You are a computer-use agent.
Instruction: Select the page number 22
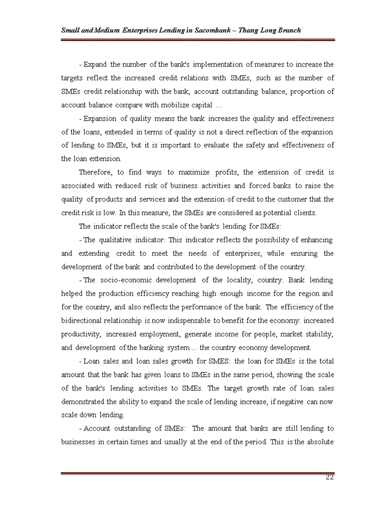[x=329, y=478]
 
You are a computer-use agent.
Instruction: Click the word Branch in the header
[x=287, y=30]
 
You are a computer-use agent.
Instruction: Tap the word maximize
[x=194, y=172]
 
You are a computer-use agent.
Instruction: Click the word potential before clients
[x=277, y=213]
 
